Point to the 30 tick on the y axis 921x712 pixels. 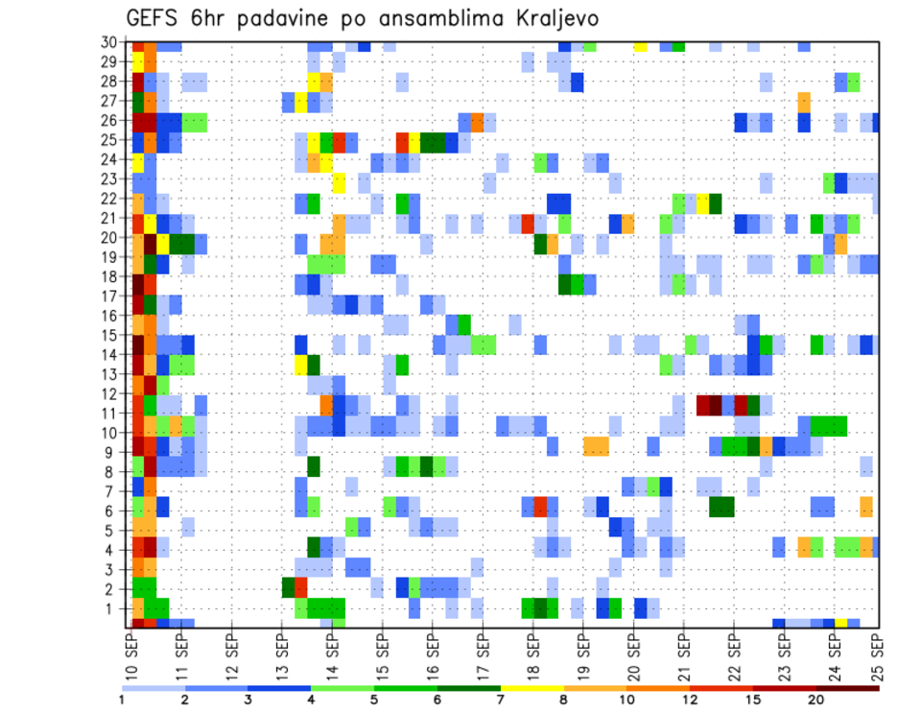click(x=111, y=42)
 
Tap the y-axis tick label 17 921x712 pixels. click(x=111, y=297)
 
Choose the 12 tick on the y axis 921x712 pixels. click(x=111, y=393)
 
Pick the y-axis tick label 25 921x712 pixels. click(x=111, y=140)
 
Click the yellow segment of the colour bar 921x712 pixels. click(x=532, y=688)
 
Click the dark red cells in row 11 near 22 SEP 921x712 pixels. click(x=709, y=404)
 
